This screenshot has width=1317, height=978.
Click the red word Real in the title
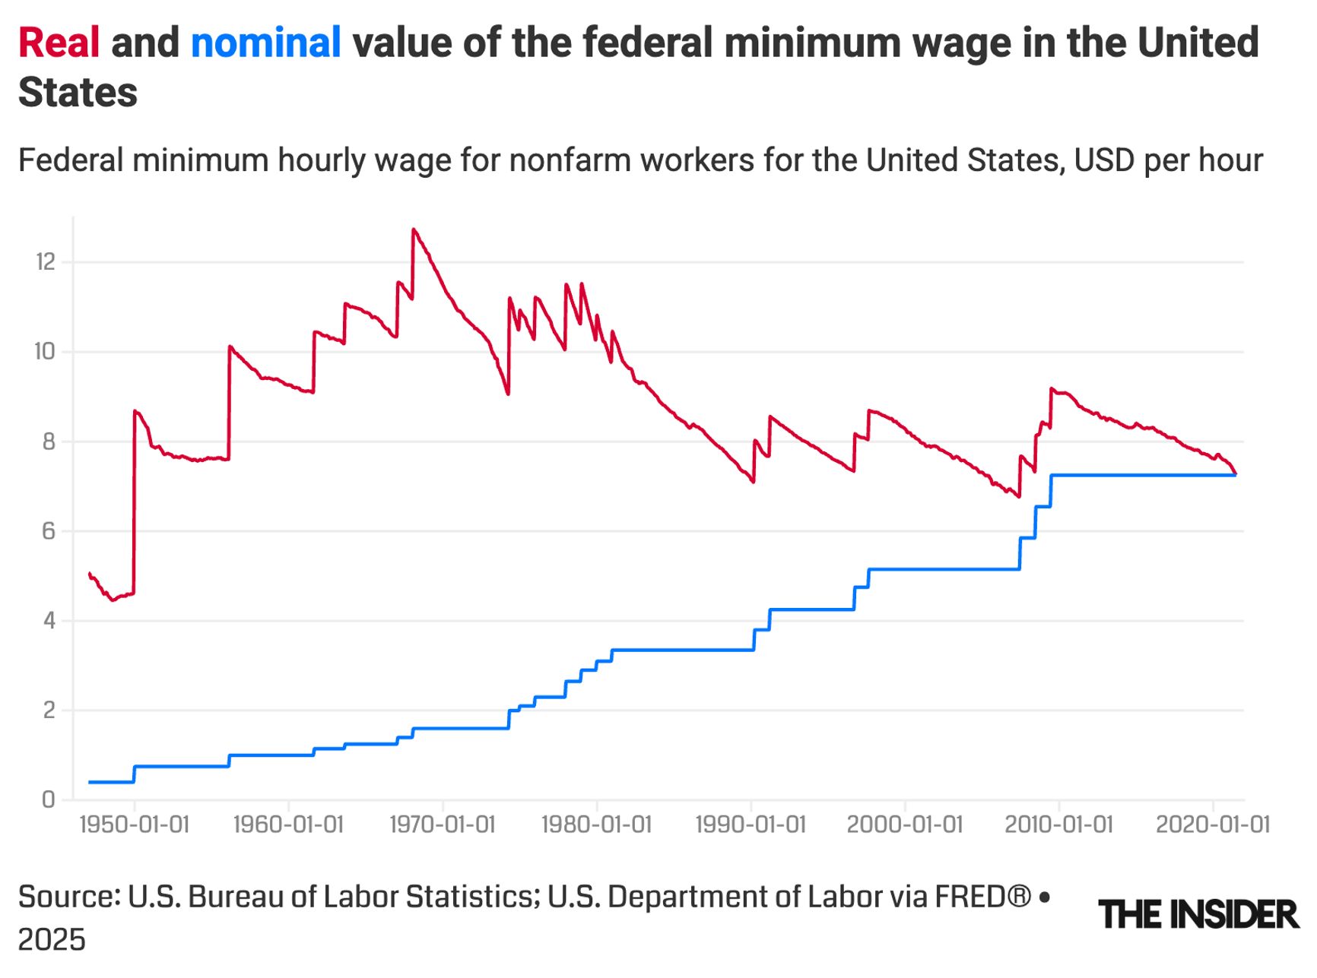[59, 43]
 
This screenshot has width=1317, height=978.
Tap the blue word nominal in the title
[265, 43]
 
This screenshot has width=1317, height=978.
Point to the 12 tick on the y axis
[46, 262]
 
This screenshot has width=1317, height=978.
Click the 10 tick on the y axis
[46, 352]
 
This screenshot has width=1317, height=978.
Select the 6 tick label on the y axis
[49, 531]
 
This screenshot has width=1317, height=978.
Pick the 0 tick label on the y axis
[49, 799]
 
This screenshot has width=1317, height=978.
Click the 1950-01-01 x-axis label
[134, 824]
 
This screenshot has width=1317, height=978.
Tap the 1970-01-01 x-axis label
[443, 824]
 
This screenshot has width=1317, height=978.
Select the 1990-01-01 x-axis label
[751, 824]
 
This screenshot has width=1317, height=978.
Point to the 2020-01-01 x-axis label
[1213, 824]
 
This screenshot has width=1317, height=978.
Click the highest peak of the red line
[414, 229]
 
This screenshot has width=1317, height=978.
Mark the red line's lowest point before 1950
[113, 600]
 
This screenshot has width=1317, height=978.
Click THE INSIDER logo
[1198, 914]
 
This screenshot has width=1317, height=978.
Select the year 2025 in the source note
[52, 941]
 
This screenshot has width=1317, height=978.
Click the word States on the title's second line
[78, 93]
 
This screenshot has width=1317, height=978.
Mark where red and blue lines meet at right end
[1236, 475]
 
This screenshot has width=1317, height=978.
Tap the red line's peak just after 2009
[1052, 389]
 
